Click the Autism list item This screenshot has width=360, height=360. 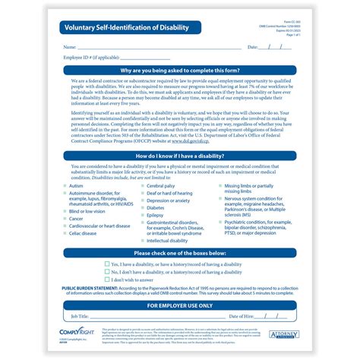point(77,185)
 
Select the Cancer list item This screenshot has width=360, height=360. point(77,218)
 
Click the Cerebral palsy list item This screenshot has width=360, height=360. point(160,185)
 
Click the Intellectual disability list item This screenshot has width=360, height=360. point(166,241)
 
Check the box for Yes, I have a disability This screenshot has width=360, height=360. point(105,264)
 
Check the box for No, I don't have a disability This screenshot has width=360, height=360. point(105,271)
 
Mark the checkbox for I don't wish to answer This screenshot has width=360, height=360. point(105,279)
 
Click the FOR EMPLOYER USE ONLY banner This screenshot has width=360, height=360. point(180,305)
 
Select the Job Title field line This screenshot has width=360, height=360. point(144,315)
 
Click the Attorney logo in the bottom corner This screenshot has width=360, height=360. point(285,333)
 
